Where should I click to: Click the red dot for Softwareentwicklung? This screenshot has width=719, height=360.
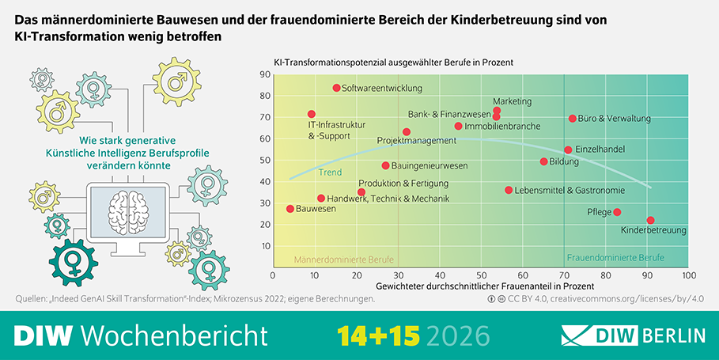(336, 88)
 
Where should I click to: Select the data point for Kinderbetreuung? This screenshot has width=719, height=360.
(650, 220)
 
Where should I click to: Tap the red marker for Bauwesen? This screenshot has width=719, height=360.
(290, 209)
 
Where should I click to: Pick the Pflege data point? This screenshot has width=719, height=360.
(617, 212)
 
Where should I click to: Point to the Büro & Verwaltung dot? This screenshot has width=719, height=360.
(573, 119)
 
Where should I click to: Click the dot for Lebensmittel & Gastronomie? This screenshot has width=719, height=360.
(509, 190)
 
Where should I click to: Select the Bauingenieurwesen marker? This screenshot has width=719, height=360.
(385, 165)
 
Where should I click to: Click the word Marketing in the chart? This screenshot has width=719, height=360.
(512, 102)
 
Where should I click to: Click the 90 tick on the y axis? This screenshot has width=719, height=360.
(266, 75)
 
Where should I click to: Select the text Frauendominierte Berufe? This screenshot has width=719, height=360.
(615, 258)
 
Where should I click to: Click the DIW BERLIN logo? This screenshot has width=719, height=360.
(633, 335)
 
